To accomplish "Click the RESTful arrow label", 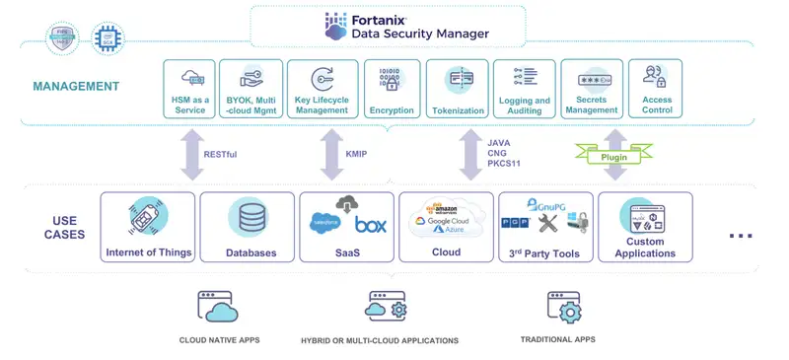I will (220, 154).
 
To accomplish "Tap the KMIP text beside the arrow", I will (356, 154).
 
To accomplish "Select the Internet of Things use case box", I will (148, 227).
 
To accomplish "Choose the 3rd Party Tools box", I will (545, 227).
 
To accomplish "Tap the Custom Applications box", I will (645, 227).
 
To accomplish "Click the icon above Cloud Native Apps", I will (219, 307).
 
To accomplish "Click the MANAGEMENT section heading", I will (76, 87).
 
